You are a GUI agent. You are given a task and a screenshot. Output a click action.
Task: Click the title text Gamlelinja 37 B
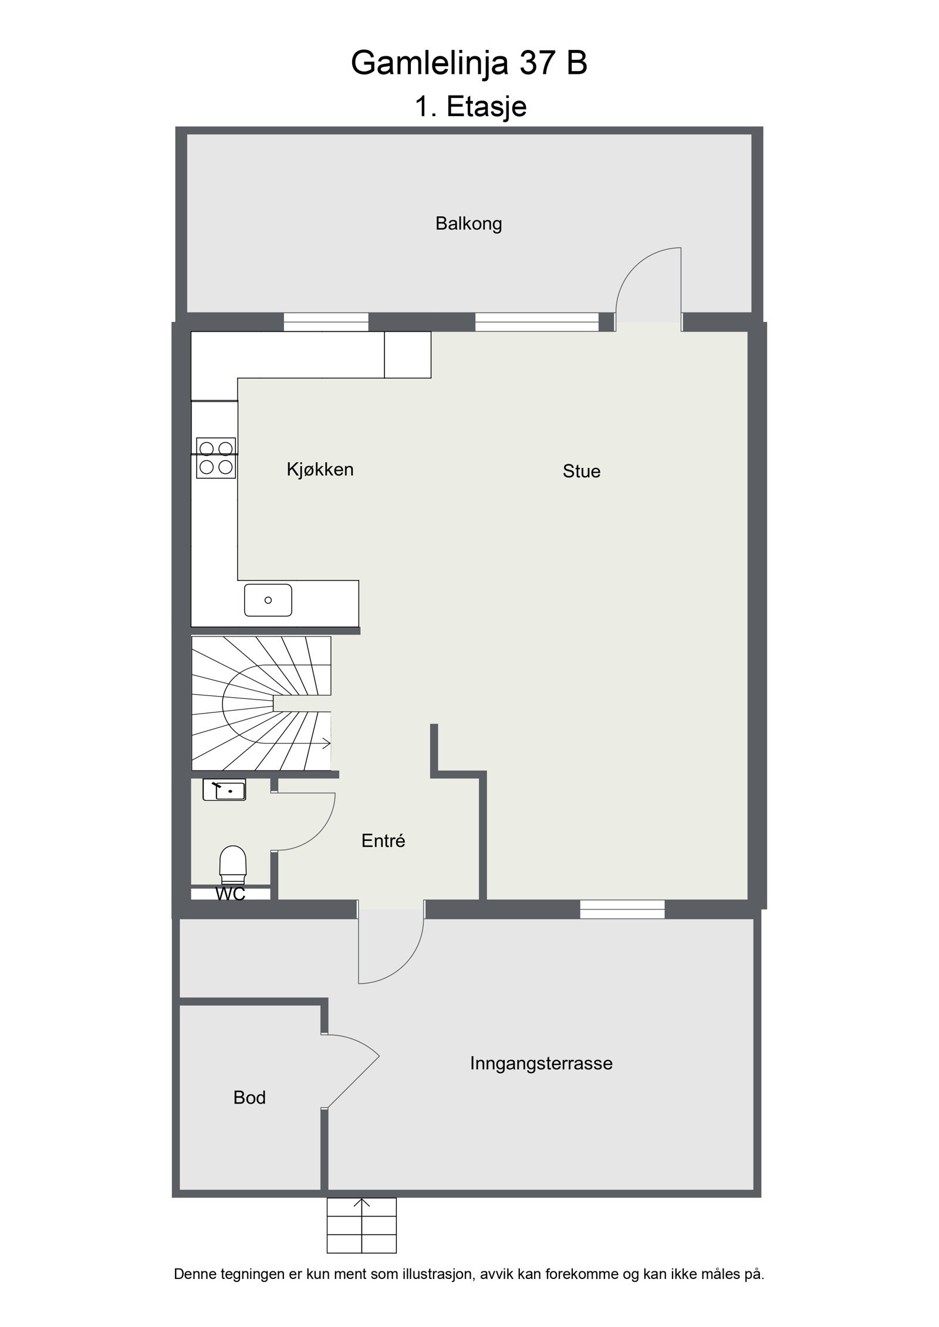click(x=469, y=63)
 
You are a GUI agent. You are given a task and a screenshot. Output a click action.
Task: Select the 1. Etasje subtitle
click(x=471, y=107)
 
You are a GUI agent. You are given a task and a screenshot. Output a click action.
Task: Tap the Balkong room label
click(x=468, y=223)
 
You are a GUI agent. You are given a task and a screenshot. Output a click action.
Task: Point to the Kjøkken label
click(x=320, y=469)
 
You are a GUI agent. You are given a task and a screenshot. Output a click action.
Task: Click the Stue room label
click(x=581, y=471)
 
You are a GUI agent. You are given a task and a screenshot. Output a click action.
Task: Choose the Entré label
click(x=383, y=841)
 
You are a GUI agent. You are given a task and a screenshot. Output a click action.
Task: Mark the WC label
click(x=230, y=894)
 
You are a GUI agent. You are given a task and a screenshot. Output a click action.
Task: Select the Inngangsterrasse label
click(x=541, y=1063)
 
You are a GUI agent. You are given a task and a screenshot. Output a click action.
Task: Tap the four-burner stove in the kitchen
click(x=215, y=458)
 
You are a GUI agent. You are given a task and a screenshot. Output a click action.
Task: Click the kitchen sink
click(x=268, y=600)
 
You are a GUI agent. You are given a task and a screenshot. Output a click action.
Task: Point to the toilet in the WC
click(x=232, y=864)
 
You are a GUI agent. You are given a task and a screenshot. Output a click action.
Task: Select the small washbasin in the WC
click(x=224, y=790)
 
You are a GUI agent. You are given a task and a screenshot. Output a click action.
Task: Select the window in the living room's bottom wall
click(x=622, y=909)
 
